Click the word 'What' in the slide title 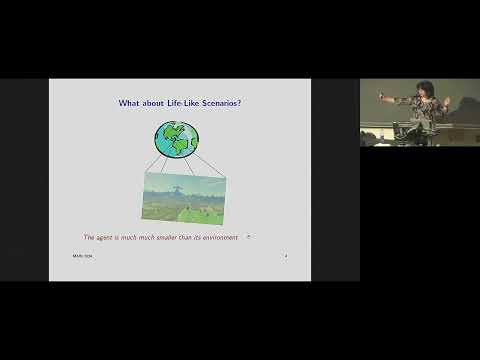[131, 102]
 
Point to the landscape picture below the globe [184, 196]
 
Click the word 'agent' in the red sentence [107, 237]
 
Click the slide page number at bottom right [286, 256]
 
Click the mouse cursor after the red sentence [249, 237]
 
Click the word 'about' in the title [155, 102]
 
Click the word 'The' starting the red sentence [89, 237]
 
